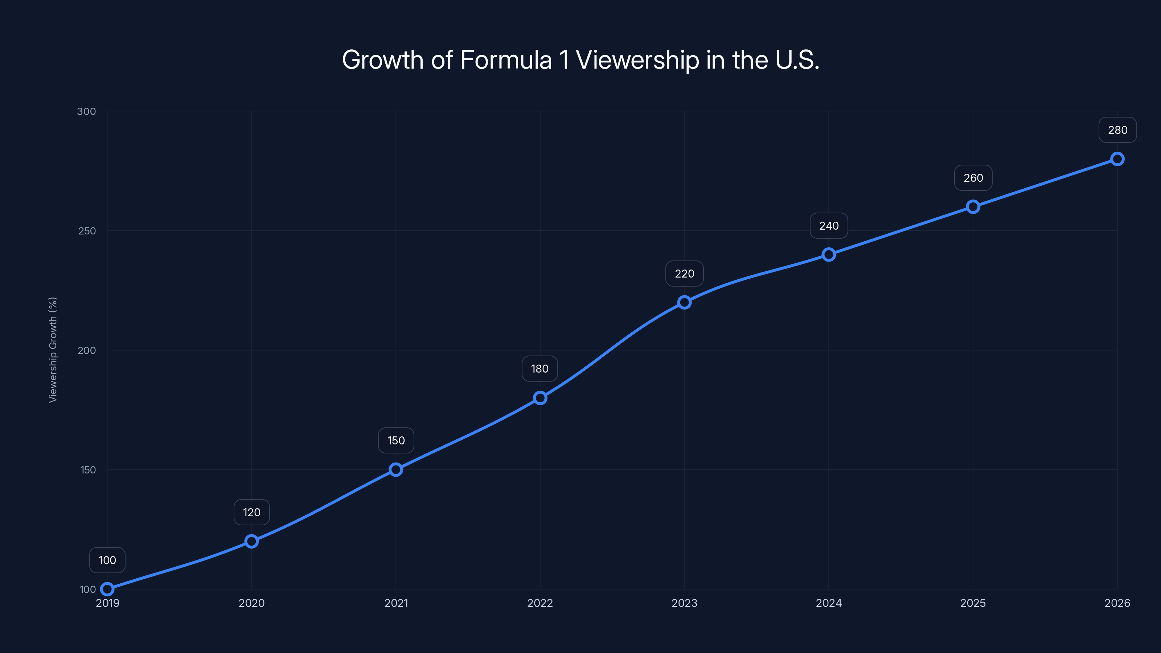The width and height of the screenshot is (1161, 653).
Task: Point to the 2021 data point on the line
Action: click(396, 469)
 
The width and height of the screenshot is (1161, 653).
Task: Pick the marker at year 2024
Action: click(828, 255)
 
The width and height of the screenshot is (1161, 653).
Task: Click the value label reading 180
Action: click(540, 369)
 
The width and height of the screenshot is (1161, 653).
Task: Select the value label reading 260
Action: click(973, 178)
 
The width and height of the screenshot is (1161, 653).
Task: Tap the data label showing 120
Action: click(251, 512)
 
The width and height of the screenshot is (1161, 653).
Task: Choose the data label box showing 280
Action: click(1117, 130)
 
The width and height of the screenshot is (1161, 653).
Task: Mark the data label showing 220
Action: click(684, 274)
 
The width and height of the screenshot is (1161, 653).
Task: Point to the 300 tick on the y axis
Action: click(87, 111)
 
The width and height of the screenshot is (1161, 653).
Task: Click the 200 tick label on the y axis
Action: click(87, 350)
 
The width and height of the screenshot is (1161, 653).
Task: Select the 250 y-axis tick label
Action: click(87, 231)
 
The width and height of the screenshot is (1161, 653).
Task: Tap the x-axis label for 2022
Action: click(540, 603)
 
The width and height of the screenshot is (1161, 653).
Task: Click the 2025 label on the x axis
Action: click(973, 603)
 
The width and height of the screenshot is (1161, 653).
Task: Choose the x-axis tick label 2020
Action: click(251, 603)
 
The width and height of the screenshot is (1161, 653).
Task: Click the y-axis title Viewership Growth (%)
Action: click(53, 350)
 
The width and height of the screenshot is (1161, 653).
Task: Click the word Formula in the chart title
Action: click(506, 60)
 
